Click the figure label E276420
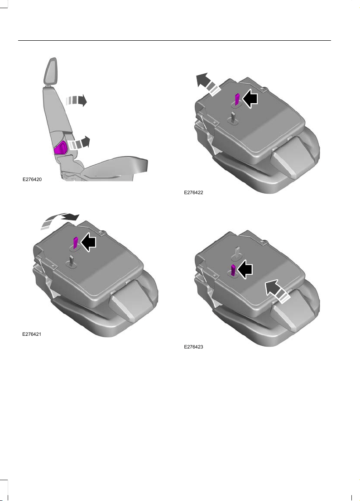32,179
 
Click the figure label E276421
32,334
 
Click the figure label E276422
193,192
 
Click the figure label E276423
193,347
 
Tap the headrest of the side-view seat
51,72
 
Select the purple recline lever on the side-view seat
61,148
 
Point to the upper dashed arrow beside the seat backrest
76,100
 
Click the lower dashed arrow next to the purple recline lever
79,143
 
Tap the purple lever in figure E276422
237,100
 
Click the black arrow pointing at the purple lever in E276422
250,98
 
